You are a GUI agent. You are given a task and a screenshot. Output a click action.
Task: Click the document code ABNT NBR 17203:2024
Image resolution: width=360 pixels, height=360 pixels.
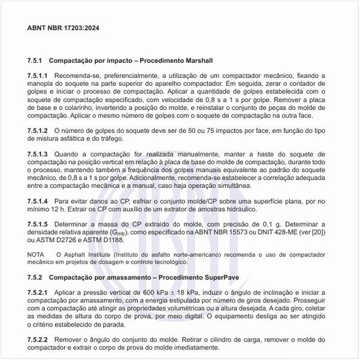pyautogui.click(x=63, y=29)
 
